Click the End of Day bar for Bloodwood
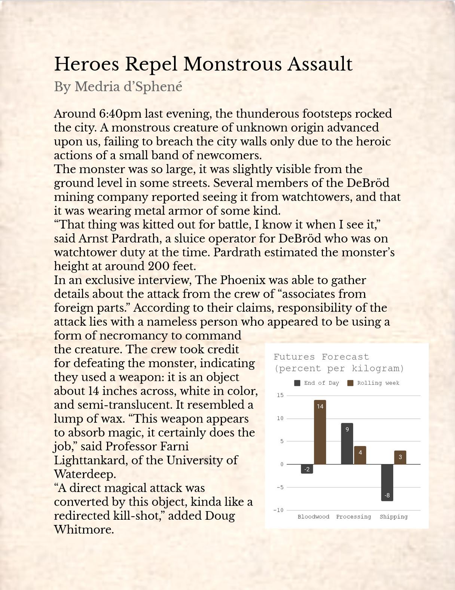click(307, 469)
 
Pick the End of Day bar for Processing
click(347, 443)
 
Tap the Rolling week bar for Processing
click(360, 455)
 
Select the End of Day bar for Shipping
click(387, 482)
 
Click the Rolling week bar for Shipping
click(400, 457)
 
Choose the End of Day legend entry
click(317, 383)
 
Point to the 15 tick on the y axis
click(280, 395)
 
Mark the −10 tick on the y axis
click(278, 510)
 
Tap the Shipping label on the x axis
click(393, 517)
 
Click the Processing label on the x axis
click(353, 517)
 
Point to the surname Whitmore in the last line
click(83, 529)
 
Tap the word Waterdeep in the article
click(85, 474)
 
